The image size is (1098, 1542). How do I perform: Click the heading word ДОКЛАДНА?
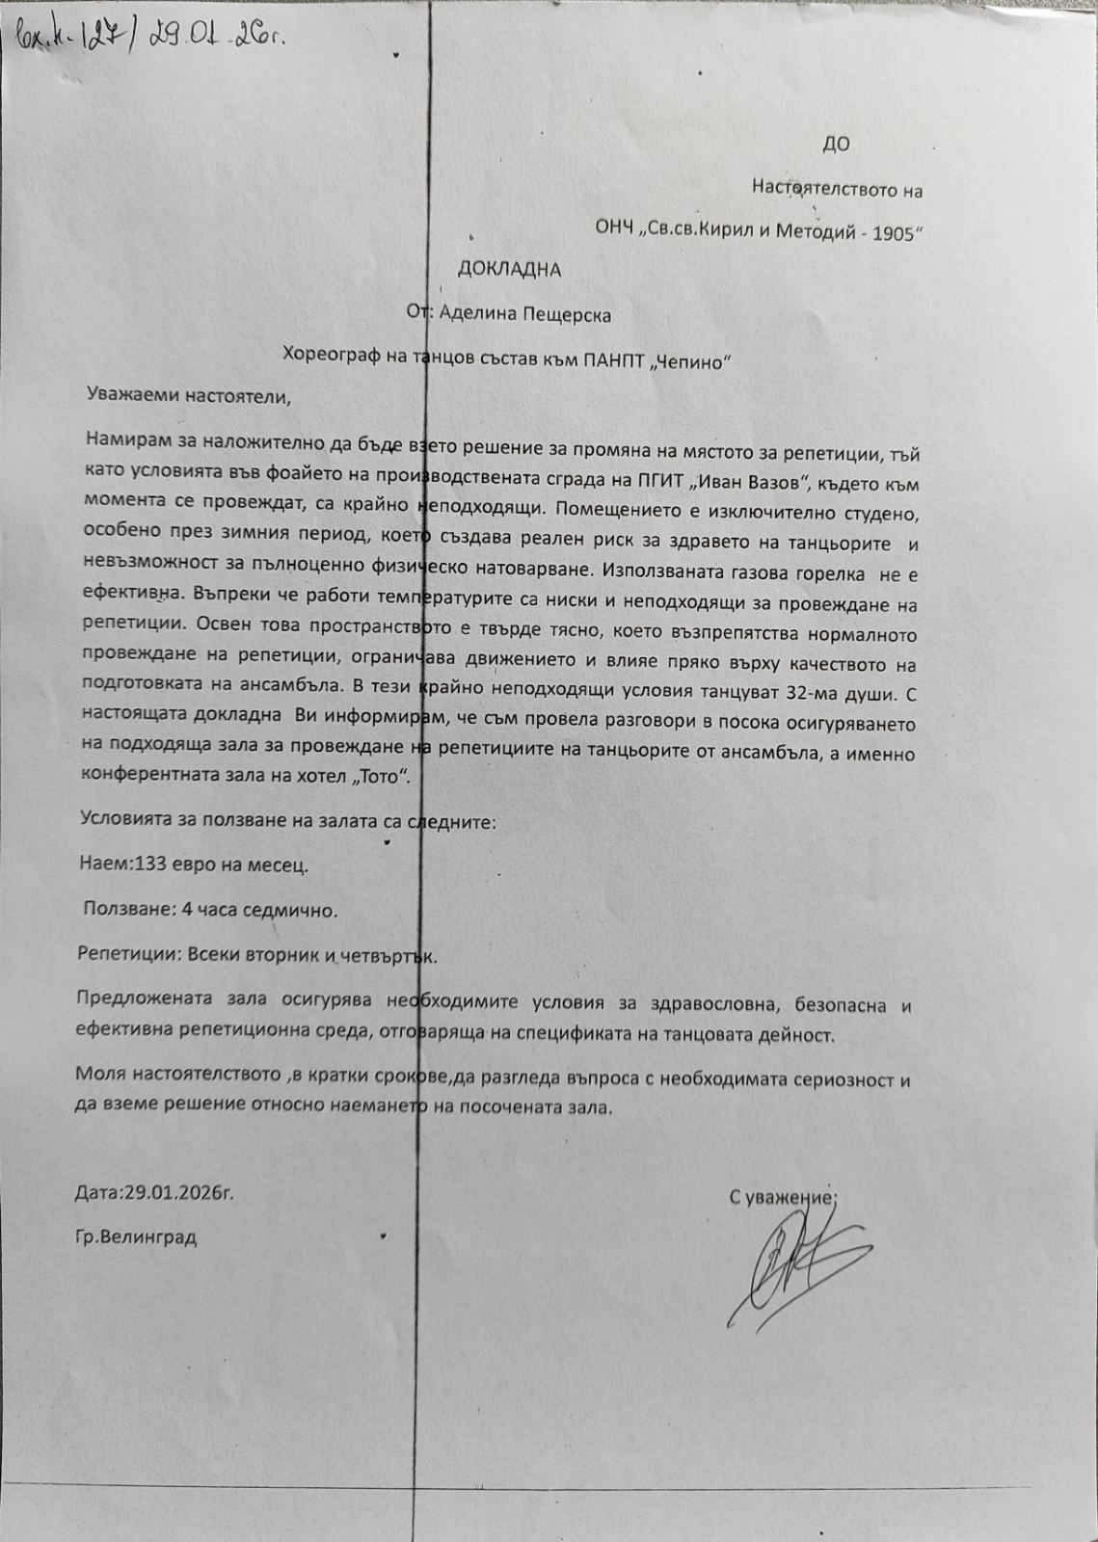(x=509, y=270)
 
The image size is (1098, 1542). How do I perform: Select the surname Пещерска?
(x=566, y=315)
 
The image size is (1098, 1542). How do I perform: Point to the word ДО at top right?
(x=836, y=145)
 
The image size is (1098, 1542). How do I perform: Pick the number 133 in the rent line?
(x=151, y=864)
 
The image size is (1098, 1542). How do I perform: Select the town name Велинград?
(x=149, y=1237)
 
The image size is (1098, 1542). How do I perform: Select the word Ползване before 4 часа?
(x=121, y=909)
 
